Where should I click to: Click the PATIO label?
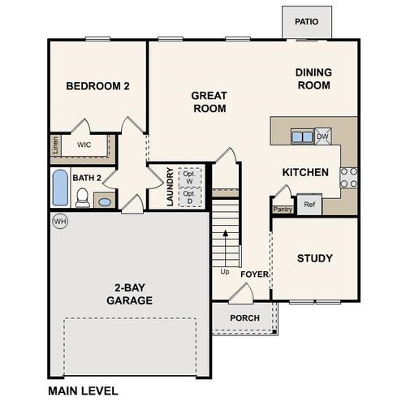[306, 22]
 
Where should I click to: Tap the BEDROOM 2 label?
[97, 86]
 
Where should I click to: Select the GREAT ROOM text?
[209, 101]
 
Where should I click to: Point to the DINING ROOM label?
[313, 78]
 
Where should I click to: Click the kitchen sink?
[302, 136]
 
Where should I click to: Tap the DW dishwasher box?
[322, 136]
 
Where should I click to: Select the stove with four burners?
[348, 177]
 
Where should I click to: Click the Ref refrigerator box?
[309, 205]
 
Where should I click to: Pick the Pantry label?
[283, 209]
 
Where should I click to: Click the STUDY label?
[314, 258]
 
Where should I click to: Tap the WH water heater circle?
[59, 221]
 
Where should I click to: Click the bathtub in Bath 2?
[60, 188]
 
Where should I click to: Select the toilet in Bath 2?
[82, 197]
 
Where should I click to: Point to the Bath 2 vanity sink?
[104, 201]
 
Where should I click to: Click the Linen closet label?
[55, 145]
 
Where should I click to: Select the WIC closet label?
[84, 145]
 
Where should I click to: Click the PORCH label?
[244, 317]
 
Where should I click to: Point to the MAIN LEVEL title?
[83, 391]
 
